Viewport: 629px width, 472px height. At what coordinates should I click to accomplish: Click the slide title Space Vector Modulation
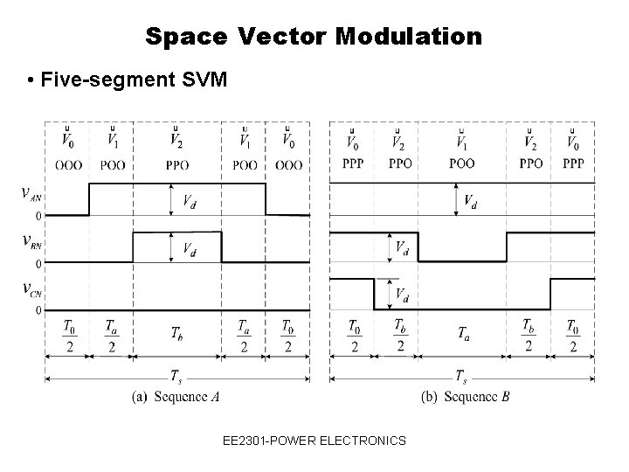coord(314,37)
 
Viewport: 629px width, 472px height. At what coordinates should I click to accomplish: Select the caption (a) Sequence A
coord(176,397)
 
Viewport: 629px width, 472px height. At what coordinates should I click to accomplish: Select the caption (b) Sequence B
coord(465,397)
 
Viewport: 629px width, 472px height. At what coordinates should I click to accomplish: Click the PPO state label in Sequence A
coord(176,163)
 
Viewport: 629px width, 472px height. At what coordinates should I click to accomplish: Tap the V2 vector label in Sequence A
coord(176,140)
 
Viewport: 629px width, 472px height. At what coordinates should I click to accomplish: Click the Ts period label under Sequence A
coord(176,376)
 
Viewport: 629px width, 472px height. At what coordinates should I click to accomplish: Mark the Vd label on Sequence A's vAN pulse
coord(189,204)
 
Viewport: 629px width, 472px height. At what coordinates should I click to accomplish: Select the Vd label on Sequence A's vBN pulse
coord(189,250)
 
